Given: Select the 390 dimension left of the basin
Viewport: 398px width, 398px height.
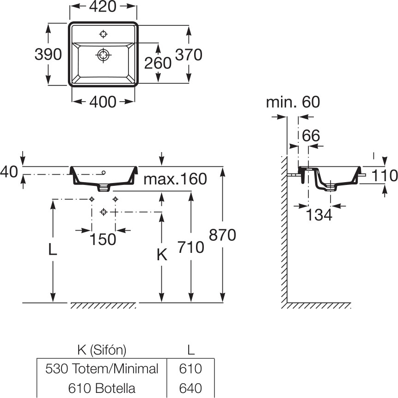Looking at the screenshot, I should [x=48, y=54].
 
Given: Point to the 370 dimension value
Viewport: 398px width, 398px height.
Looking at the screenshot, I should [x=189, y=55].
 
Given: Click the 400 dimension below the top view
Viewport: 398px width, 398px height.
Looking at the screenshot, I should [x=103, y=101].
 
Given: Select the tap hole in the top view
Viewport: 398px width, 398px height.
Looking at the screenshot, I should [x=103, y=34].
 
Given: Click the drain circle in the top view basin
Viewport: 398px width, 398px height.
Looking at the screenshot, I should [x=103, y=55].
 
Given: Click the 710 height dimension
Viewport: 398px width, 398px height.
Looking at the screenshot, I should [x=190, y=247].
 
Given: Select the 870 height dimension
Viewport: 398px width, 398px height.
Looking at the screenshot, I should [x=222, y=235].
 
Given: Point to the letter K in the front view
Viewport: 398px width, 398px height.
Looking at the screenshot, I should [x=161, y=255].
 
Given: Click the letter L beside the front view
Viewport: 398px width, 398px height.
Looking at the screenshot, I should [x=53, y=250].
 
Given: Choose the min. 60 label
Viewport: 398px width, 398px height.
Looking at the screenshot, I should [x=292, y=102].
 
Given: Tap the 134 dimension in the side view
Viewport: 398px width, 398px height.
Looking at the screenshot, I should [x=319, y=215].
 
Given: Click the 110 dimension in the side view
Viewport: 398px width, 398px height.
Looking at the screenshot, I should [x=384, y=176].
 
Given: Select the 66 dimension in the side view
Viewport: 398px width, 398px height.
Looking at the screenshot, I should [x=311, y=135].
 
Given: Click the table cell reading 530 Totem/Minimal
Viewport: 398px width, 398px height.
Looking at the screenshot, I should [x=102, y=368].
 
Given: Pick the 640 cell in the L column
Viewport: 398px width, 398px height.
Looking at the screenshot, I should [x=190, y=387].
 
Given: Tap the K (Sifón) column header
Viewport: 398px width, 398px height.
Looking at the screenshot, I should [x=100, y=349].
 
